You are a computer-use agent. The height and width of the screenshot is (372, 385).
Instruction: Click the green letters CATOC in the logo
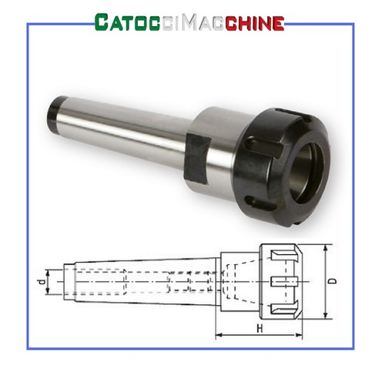pos(127,22)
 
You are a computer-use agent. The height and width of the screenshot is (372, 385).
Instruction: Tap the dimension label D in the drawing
pos(333,281)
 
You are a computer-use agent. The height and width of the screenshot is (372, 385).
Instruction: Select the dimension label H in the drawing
pos(260,328)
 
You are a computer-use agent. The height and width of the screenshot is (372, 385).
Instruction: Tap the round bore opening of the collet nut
pos(306,173)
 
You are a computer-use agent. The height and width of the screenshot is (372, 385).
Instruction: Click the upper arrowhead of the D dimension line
pos(326,249)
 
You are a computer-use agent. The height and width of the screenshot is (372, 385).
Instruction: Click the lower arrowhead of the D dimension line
pos(326,315)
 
